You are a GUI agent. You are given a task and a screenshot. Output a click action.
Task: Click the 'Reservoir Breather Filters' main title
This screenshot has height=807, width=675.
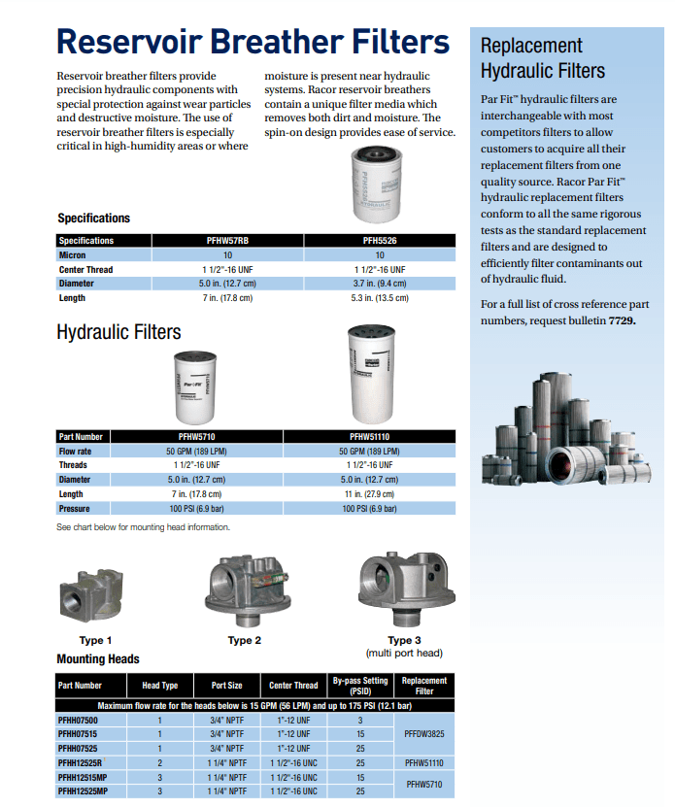pyautogui.click(x=253, y=42)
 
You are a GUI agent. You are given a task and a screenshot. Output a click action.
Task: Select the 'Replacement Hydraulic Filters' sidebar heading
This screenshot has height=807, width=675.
pyautogui.click(x=543, y=58)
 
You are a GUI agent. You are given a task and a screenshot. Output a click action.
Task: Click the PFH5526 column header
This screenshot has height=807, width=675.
pyautogui.click(x=380, y=241)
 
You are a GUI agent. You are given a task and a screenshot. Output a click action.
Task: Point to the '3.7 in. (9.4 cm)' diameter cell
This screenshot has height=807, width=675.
pyautogui.click(x=380, y=284)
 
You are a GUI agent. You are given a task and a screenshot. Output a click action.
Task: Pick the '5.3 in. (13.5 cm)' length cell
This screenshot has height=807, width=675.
pyautogui.click(x=380, y=298)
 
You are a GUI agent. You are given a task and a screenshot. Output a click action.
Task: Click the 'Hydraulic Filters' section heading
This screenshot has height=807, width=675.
pyautogui.click(x=118, y=332)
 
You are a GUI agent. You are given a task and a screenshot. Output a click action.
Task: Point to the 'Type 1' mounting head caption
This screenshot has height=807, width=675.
pyautogui.click(x=95, y=640)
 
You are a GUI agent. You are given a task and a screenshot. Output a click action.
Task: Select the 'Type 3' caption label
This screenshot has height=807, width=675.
pyautogui.click(x=403, y=640)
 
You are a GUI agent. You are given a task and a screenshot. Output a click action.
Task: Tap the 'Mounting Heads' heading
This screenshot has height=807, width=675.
pyautogui.click(x=98, y=658)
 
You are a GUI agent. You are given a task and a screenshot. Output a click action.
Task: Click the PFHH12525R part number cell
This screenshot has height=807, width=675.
pyautogui.click(x=84, y=763)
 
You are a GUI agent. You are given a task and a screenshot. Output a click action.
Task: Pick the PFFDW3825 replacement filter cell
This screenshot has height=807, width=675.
pyautogui.click(x=424, y=734)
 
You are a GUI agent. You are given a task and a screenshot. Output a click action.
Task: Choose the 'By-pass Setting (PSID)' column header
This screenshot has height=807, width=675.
pyautogui.click(x=360, y=686)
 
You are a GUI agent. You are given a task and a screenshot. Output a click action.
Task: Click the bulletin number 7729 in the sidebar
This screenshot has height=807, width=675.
pyautogui.click(x=622, y=320)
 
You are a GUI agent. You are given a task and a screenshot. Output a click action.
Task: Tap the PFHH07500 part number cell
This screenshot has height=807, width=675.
pyautogui.click(x=79, y=721)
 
